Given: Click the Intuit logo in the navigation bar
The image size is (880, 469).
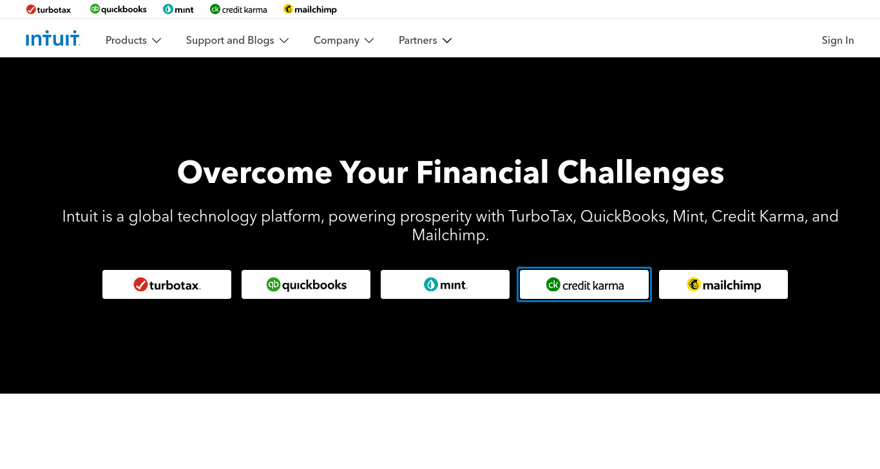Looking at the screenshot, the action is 53,39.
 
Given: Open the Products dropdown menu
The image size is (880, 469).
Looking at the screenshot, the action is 133,41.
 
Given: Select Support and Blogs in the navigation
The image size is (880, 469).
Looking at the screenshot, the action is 237,41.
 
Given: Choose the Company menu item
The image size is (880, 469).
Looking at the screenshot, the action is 343,41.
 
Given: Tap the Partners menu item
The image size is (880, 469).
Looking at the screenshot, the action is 425,41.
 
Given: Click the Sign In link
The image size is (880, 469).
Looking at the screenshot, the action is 837,41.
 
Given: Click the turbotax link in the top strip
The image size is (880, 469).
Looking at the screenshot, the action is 48,10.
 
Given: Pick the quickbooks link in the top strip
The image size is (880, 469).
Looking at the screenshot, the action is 119,9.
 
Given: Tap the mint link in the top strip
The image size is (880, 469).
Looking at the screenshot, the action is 178,10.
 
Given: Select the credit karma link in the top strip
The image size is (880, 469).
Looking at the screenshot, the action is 238,10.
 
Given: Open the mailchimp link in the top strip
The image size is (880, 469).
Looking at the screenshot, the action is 310,10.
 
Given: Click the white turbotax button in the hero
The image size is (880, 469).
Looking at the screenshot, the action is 167,284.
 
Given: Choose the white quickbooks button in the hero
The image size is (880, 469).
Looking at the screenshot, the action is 306,284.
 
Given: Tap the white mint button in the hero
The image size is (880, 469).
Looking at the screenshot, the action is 445,284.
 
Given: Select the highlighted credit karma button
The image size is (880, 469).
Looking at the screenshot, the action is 584,284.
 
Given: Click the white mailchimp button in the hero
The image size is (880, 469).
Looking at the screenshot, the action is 723,284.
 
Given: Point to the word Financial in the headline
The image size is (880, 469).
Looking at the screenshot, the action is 482,172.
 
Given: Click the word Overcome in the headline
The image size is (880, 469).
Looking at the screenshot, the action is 254,173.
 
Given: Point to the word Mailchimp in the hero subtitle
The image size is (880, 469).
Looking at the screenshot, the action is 450,235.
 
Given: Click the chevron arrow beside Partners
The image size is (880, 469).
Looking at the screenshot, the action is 447,41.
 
